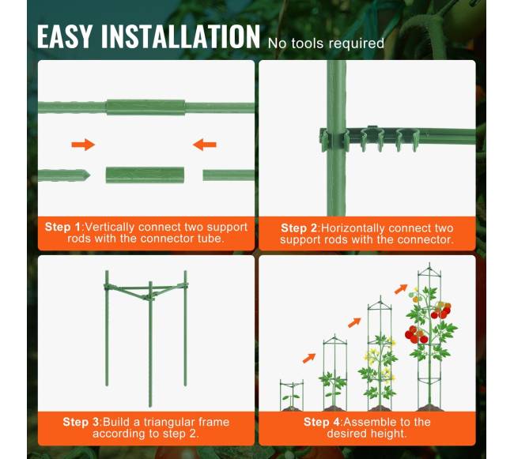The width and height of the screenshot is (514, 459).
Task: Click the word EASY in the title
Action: point(64,36)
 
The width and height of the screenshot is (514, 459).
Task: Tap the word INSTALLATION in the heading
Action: point(180,36)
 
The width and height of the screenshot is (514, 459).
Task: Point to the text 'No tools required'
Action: point(326,43)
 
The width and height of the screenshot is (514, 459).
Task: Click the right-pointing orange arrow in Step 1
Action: point(83,145)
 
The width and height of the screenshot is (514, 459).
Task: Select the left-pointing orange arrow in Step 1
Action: point(205,145)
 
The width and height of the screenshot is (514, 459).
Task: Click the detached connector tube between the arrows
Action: point(145,175)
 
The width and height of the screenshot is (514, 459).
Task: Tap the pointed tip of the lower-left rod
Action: point(89,175)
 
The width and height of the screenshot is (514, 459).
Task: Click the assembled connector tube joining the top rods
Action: point(146,107)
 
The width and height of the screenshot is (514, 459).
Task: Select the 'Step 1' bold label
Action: point(62,227)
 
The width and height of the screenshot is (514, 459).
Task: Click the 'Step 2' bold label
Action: point(299,228)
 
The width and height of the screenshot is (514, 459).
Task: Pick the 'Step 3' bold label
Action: point(81,422)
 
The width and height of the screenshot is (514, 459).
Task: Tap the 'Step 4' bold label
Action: point(321,422)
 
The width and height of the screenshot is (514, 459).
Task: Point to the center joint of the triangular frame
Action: point(149,297)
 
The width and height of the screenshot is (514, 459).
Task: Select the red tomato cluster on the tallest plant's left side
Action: point(416,335)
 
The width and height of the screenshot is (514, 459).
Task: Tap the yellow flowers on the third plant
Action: point(372,356)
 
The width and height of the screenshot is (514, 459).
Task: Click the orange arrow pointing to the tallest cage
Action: point(401,289)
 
